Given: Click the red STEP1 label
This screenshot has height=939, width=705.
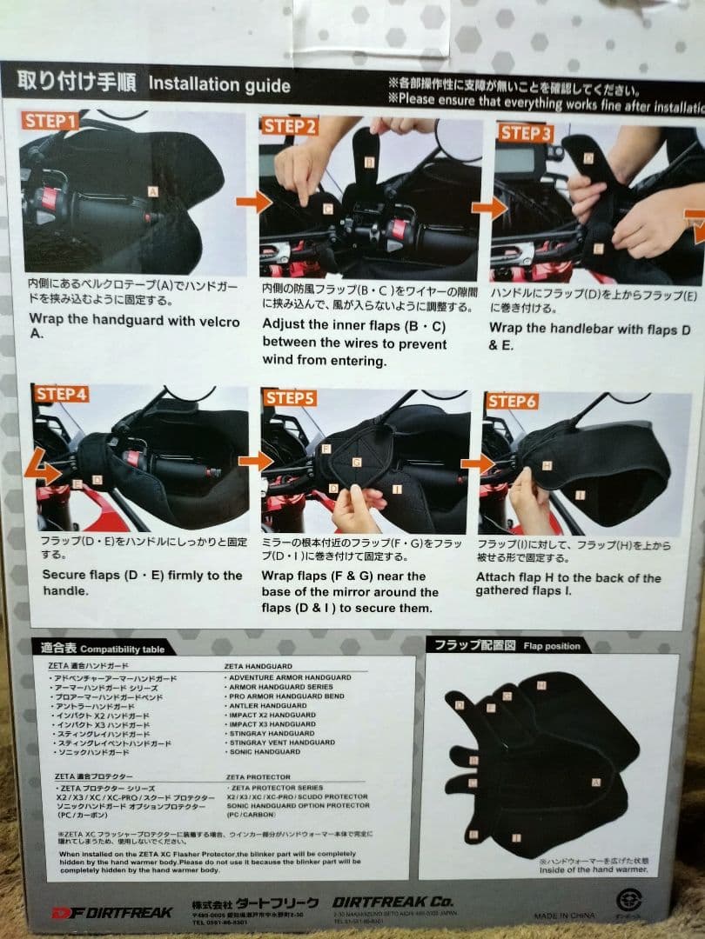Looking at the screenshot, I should (50, 121).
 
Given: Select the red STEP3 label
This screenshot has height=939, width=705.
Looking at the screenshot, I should (526, 133).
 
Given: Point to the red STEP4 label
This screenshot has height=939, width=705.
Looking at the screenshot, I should (62, 394).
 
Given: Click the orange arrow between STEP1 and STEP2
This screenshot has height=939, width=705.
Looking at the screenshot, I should (252, 203).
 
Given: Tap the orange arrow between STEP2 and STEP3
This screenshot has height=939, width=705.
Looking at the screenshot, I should (489, 208).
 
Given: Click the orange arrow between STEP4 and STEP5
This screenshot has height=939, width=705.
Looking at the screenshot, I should (254, 462).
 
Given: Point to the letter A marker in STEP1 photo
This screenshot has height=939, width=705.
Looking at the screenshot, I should (152, 191).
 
